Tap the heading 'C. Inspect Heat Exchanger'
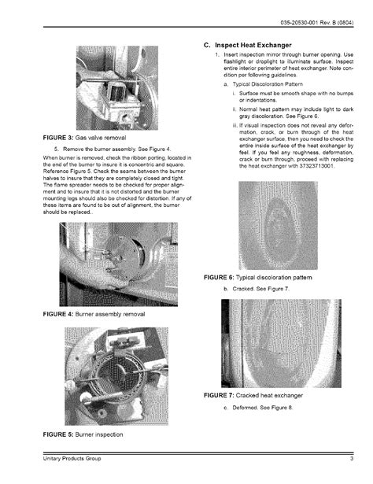click(252, 44)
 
